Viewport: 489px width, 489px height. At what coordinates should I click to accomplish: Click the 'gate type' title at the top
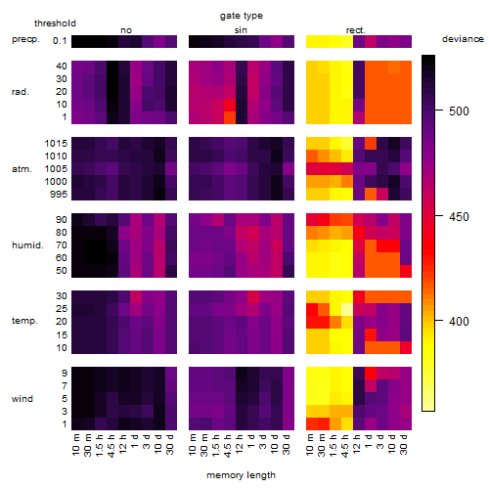242,16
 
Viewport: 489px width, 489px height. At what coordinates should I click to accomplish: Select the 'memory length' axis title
241,475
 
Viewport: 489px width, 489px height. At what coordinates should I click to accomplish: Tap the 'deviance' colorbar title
463,39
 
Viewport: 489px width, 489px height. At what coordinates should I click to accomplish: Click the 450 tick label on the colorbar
459,216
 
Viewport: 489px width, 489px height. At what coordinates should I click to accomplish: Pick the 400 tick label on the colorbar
459,322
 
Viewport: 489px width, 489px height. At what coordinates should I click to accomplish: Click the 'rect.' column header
356,30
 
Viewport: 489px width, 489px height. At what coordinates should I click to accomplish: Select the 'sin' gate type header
241,30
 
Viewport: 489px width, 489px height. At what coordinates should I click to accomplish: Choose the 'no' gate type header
126,30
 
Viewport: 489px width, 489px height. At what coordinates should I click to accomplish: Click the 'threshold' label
55,23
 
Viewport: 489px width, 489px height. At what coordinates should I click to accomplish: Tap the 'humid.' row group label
27,244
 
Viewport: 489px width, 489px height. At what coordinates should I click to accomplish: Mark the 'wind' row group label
22,399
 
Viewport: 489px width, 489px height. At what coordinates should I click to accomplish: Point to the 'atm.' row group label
22,169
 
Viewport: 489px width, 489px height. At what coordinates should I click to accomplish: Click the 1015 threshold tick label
56,144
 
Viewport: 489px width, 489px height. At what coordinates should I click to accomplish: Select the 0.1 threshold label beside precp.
60,41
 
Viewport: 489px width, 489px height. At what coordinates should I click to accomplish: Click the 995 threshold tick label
59,195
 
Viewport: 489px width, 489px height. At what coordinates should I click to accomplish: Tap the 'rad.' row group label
21,92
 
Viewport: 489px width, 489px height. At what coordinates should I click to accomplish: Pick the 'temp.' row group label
24,321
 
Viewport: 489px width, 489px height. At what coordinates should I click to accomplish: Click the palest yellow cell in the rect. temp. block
347,309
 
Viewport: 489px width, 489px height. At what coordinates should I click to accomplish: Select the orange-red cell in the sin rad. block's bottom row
230,117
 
